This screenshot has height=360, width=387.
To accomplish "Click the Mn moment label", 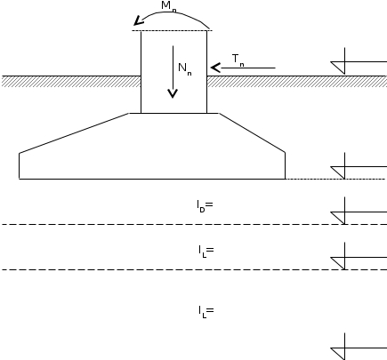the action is [x=169, y=6].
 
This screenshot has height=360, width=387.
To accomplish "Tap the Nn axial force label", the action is [x=185, y=69].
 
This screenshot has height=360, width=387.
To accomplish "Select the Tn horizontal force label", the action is [x=238, y=60].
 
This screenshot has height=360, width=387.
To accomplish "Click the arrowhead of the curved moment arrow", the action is [x=139, y=21].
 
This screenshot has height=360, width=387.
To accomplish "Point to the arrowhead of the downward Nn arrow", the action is [x=173, y=93].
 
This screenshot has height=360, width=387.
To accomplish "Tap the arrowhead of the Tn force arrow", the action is [x=215, y=68].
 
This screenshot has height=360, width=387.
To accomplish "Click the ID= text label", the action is [x=205, y=206].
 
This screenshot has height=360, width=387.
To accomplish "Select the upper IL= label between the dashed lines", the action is [x=206, y=252].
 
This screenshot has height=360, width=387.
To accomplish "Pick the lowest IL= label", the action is [x=206, y=312].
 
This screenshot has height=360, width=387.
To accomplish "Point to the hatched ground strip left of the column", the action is [x=71, y=82].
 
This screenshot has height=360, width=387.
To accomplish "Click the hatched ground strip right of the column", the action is [x=297, y=82].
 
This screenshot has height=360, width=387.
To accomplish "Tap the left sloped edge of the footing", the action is [x=74, y=133].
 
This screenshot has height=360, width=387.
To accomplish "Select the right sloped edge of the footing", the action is [x=252, y=132].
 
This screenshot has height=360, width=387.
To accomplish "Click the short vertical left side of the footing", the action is [x=20, y=166].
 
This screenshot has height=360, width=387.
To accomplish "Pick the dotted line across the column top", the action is [x=172, y=30].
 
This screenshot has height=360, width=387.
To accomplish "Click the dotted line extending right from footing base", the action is [x=335, y=179].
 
